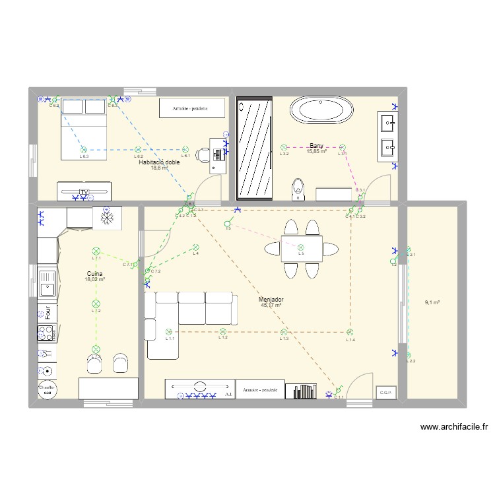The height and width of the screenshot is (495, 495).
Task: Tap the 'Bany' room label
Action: pyautogui.click(x=317, y=146)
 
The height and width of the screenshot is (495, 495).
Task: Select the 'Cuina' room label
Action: pyautogui.click(x=94, y=273)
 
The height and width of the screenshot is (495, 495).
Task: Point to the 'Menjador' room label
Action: pyautogui.click(x=271, y=300)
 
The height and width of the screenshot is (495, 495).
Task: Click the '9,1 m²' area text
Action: pyautogui.click(x=432, y=303)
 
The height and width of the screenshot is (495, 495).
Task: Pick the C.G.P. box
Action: pyautogui.click(x=385, y=393)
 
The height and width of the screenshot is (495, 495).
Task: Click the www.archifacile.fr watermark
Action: pyautogui.click(x=454, y=427)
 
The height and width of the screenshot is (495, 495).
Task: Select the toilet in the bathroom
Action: pyautogui.click(x=299, y=189)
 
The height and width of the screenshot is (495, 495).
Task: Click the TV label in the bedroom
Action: pyautogui.click(x=84, y=191)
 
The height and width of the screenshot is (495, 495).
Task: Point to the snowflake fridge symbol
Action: pyautogui.click(x=106, y=216)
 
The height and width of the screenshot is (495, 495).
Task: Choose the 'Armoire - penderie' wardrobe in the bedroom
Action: pyautogui.click(x=190, y=108)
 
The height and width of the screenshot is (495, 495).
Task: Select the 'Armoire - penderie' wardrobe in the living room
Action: pyautogui.click(x=260, y=390)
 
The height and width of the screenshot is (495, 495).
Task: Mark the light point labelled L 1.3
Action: pyautogui.click(x=284, y=333)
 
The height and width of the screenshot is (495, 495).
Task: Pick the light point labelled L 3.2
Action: pyautogui.click(x=284, y=148)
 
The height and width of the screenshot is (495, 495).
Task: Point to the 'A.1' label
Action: pyautogui.click(x=228, y=394)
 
